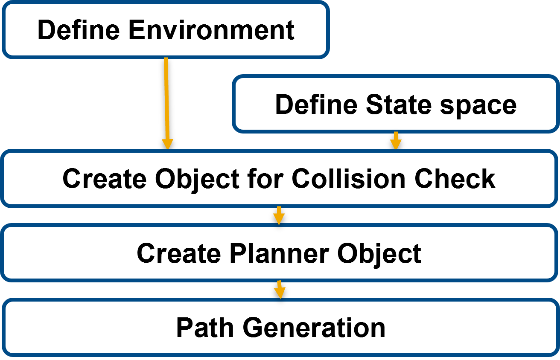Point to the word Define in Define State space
[317, 104]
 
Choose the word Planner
[279, 253]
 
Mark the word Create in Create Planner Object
[179, 253]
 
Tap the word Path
[206, 328]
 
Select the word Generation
[314, 328]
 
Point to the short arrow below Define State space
[396, 140]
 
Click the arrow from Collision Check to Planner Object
[279, 215]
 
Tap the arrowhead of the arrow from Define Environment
[167, 144]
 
